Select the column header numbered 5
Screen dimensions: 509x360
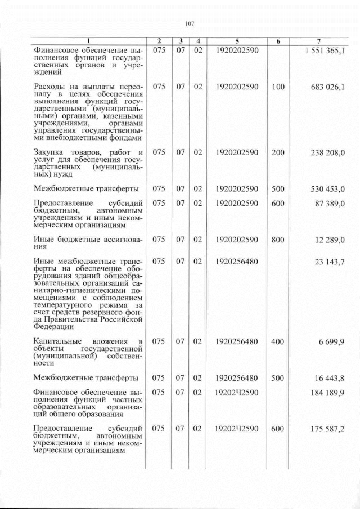(236, 42)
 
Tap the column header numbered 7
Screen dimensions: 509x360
(319, 42)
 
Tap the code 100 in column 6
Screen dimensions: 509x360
(278, 87)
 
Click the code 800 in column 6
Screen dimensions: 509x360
(278, 240)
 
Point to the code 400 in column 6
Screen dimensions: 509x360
(278, 341)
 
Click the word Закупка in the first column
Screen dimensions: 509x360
(49, 152)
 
